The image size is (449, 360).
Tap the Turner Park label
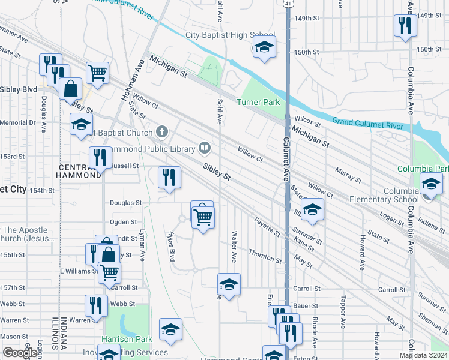coord(258,102)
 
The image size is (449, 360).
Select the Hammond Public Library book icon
coord(205,148)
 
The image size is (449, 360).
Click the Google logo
coord(20,353)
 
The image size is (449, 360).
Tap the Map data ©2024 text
coord(423,355)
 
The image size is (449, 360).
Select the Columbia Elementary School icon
coord(430,185)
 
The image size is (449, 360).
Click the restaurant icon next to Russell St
coord(100,158)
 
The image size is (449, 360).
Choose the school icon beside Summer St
coord(312,210)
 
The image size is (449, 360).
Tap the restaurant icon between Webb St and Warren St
coord(96,305)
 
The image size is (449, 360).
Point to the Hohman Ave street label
coord(138,79)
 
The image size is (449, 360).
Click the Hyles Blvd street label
coord(172,245)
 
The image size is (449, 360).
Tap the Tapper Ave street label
coord(342,312)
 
